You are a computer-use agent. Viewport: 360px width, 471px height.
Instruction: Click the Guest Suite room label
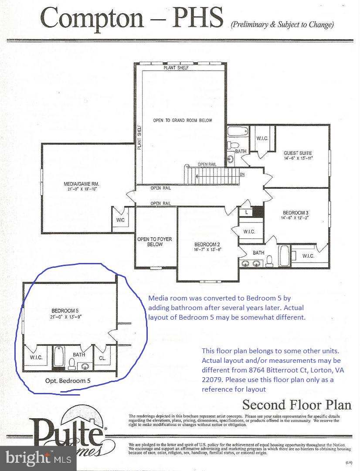point(298,153)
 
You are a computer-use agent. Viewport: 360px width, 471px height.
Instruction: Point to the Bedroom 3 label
point(295,212)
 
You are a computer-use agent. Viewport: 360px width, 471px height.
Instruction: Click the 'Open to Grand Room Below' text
point(182,120)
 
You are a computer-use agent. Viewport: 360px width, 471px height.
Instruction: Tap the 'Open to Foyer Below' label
point(150,242)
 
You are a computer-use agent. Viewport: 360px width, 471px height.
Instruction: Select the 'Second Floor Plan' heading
point(296,404)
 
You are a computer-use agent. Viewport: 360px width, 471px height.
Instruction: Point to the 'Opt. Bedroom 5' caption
point(68,380)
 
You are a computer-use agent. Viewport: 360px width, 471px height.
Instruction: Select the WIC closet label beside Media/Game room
point(120,220)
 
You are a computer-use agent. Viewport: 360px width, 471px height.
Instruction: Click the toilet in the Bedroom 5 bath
point(72,363)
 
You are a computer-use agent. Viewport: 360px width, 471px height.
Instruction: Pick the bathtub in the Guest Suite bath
point(238,131)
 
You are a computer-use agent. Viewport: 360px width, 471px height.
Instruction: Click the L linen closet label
point(246,212)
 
